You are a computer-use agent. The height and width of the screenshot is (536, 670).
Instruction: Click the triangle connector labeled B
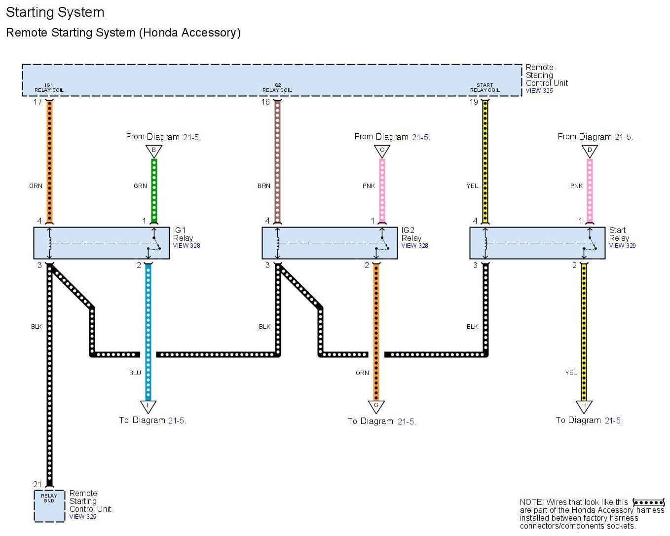point(154,151)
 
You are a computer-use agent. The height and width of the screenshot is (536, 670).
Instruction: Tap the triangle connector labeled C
point(382,151)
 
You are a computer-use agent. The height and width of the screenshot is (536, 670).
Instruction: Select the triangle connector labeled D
point(590,151)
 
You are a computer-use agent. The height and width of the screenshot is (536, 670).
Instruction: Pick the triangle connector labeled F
point(148,406)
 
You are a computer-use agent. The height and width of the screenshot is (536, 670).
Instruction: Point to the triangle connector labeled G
point(376,406)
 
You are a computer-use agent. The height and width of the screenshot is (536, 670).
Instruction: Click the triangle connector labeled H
point(584,406)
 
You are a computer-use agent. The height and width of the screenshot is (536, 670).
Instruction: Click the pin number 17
point(37,102)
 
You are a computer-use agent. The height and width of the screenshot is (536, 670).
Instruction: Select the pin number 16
point(265,102)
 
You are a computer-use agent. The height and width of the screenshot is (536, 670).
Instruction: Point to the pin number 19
point(474,102)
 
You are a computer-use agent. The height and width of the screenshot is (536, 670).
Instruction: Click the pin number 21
point(37,484)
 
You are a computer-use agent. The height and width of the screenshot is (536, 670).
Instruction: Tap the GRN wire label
point(140,186)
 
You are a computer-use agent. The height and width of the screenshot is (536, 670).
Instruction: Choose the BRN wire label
point(264,186)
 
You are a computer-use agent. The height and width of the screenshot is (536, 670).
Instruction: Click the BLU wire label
point(135,373)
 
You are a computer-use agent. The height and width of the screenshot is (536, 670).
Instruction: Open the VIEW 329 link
point(622,246)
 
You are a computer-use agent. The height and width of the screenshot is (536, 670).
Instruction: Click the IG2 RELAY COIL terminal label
point(277,88)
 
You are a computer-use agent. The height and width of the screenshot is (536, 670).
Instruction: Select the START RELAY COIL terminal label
point(485,88)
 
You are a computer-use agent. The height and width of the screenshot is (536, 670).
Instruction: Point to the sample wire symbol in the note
point(648,502)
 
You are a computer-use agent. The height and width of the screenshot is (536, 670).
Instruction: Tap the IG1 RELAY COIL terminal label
point(49,88)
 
